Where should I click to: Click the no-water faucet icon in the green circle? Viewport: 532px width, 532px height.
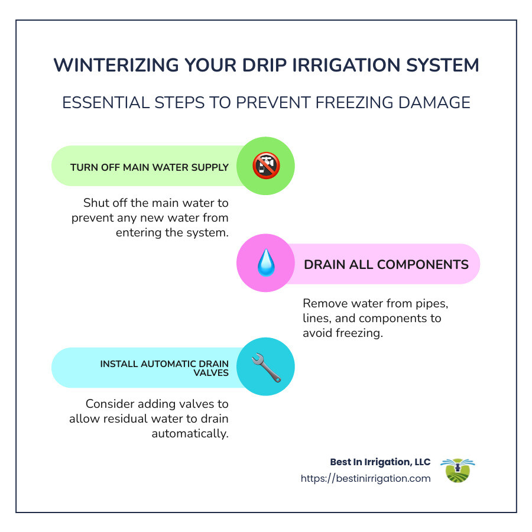click(265, 166)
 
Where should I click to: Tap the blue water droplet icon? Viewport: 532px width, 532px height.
click(265, 264)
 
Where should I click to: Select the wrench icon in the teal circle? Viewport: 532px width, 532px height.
click(265, 367)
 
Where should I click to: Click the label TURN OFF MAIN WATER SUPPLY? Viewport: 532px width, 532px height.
click(149, 167)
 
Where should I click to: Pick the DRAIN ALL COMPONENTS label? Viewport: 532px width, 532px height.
click(386, 264)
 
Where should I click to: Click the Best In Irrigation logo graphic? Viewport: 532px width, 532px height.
click(458, 471)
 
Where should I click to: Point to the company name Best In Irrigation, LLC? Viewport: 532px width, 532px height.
click(380, 462)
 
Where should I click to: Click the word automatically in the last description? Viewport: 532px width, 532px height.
click(190, 433)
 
